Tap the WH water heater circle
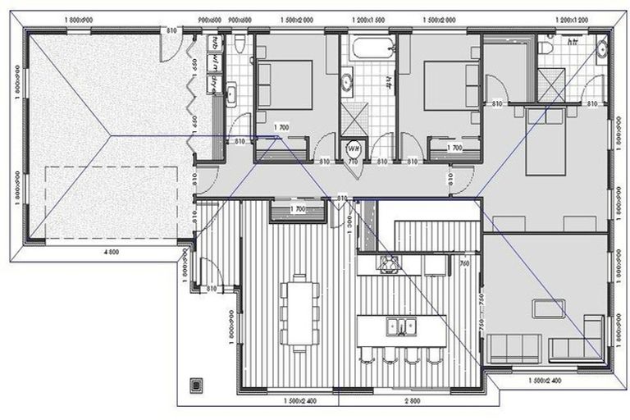point(354,148)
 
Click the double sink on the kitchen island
point(400,326)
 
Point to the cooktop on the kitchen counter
point(387,262)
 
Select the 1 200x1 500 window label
point(363,17)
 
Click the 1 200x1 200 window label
point(573,17)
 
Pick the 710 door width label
point(354,162)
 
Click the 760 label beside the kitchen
point(464,263)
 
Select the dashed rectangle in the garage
point(112,202)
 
